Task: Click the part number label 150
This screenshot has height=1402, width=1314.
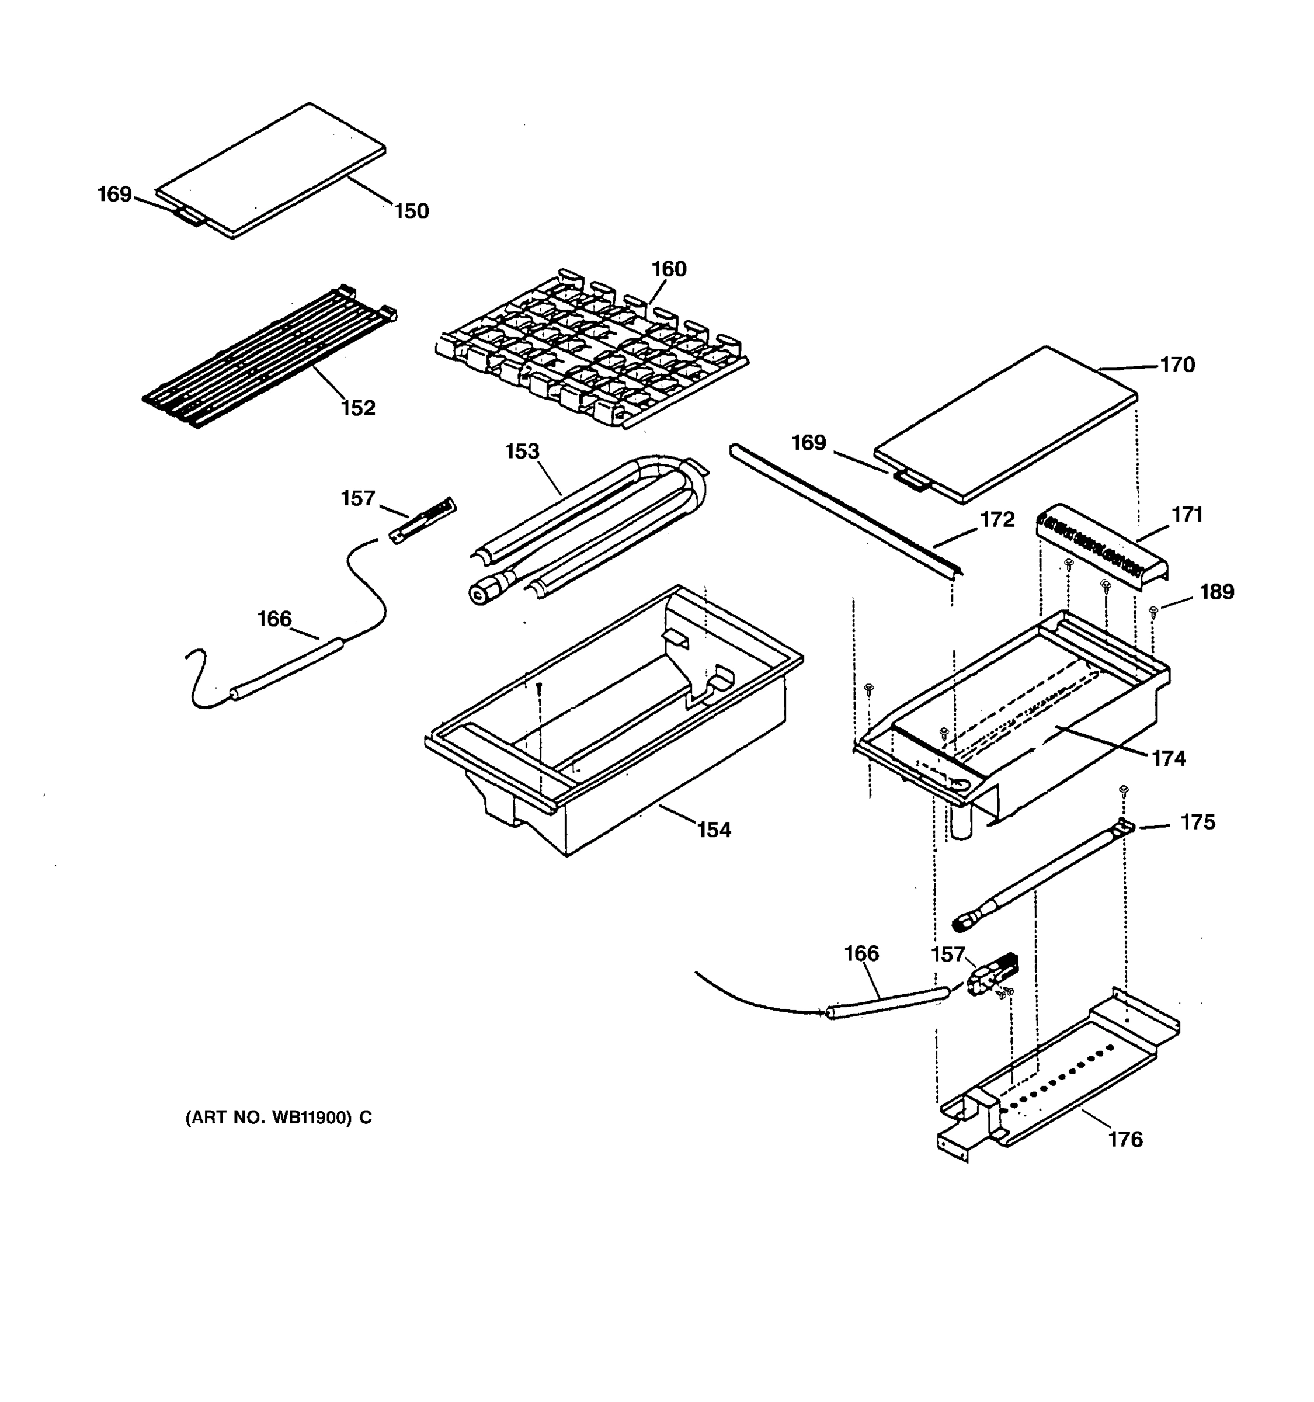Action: [411, 211]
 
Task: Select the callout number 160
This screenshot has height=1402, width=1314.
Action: [668, 269]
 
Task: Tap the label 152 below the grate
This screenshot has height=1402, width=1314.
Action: [358, 408]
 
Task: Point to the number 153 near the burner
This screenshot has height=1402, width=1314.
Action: [522, 452]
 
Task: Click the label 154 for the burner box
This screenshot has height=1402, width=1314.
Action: [714, 830]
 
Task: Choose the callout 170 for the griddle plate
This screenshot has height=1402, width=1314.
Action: [1177, 365]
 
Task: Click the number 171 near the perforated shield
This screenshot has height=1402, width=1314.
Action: [1187, 515]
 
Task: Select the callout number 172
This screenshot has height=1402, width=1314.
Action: [997, 520]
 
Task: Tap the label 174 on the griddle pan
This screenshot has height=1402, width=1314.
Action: [1169, 759]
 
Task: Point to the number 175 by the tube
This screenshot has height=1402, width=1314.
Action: [1198, 823]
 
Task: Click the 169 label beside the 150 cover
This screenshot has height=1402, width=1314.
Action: [114, 194]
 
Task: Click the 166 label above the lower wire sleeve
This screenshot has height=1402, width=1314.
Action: [861, 954]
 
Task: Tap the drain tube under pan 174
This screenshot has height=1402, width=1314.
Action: [960, 823]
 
